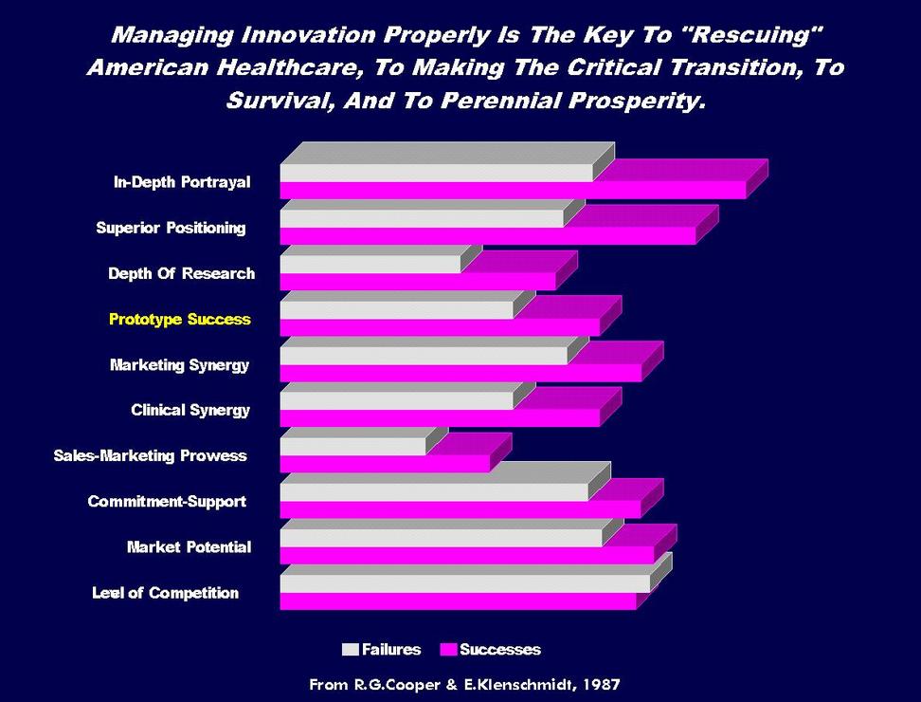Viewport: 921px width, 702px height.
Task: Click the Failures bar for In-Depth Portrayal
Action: click(x=436, y=173)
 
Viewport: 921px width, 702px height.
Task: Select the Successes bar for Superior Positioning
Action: click(x=487, y=235)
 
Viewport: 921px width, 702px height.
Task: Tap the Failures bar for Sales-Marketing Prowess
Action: click(x=352, y=446)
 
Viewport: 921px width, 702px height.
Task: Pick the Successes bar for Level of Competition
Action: click(x=458, y=601)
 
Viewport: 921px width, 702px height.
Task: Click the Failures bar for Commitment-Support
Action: click(x=434, y=491)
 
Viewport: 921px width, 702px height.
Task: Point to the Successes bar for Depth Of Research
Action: click(x=417, y=281)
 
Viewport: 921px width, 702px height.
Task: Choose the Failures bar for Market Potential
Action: click(x=441, y=537)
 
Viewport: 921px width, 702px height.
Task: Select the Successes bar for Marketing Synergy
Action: click(x=460, y=373)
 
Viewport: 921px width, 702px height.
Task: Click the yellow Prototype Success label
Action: click(x=180, y=320)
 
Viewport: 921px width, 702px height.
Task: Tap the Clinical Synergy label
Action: click(x=190, y=411)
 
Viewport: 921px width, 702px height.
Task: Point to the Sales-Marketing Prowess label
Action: click(x=150, y=456)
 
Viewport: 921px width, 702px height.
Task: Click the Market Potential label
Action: click(x=189, y=547)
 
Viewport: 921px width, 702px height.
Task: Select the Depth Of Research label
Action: click(x=181, y=274)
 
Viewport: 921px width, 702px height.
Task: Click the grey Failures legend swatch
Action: click(x=350, y=650)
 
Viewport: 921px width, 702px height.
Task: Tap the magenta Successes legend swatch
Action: click(x=448, y=650)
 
